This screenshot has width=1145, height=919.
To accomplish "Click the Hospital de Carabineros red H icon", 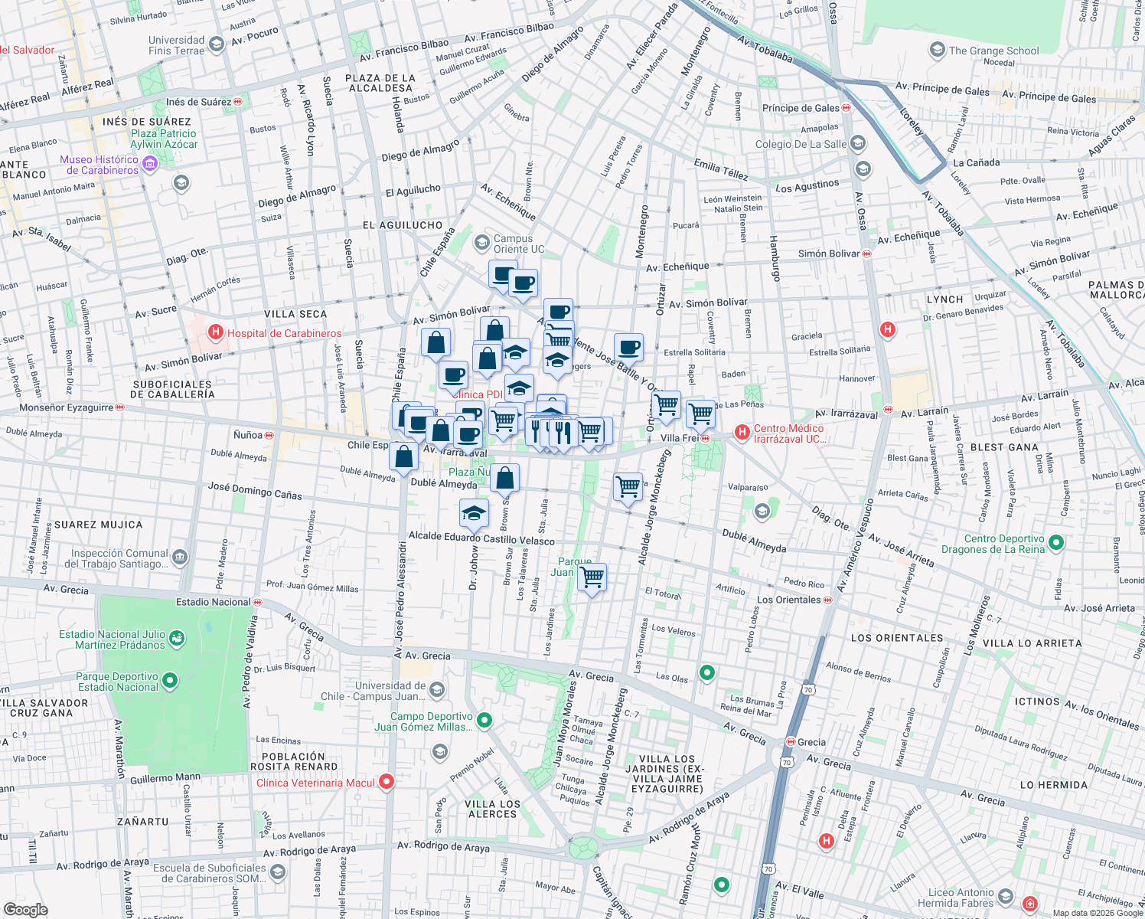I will [x=216, y=332].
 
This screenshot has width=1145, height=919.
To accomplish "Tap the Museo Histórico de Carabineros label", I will [x=99, y=165].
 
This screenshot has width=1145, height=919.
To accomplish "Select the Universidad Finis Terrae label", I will [x=177, y=45].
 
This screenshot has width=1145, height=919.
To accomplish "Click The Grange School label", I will [x=993, y=51].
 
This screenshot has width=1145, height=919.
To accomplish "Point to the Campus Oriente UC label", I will [x=518, y=244].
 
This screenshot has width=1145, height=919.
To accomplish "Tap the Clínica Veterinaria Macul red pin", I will [x=387, y=782].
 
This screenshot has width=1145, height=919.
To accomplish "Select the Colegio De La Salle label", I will [x=801, y=144].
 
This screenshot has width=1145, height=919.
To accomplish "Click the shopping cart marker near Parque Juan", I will [x=592, y=577].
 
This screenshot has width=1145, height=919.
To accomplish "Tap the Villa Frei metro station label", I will [x=680, y=438].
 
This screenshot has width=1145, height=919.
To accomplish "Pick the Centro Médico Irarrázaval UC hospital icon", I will [x=741, y=433].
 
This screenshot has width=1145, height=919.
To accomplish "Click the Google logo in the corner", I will [x=26, y=910].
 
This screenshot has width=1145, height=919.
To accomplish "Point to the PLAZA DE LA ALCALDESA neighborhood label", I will [x=380, y=83].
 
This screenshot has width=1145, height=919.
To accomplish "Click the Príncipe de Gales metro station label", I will [x=801, y=108].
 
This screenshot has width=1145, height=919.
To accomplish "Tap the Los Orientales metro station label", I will [x=788, y=600].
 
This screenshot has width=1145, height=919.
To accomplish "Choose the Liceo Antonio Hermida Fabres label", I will [x=961, y=898].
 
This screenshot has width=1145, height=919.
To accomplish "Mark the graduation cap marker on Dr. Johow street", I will [x=474, y=513].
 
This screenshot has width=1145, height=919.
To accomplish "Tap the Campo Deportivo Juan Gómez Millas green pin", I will [x=484, y=720].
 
